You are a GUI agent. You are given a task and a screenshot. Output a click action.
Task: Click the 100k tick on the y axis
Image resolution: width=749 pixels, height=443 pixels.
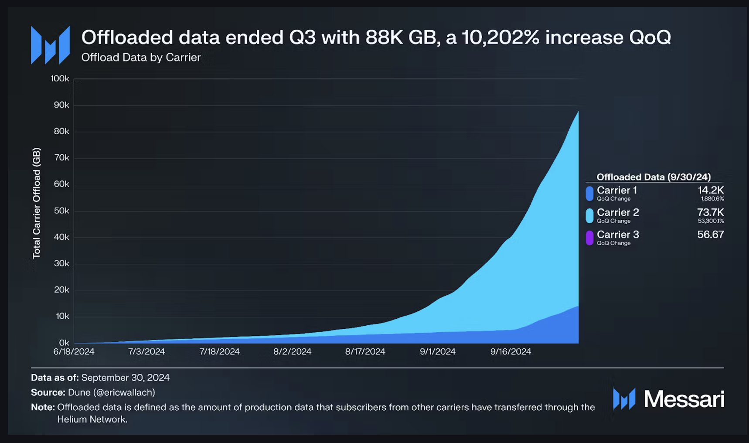pyautogui.click(x=60, y=78)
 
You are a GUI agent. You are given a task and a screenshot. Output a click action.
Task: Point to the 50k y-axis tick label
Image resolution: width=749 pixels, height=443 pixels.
pyautogui.click(x=61, y=211)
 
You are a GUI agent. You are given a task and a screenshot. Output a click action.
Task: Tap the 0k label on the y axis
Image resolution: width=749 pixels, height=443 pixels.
pyautogui.click(x=64, y=343)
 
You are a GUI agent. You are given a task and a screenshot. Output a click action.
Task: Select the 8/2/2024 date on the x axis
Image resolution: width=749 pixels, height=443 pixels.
pyautogui.click(x=292, y=351)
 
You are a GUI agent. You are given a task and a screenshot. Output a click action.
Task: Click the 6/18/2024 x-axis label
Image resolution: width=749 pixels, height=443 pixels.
pyautogui.click(x=74, y=351)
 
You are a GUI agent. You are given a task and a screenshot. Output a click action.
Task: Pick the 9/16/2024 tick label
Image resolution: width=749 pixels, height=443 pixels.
pyautogui.click(x=511, y=351)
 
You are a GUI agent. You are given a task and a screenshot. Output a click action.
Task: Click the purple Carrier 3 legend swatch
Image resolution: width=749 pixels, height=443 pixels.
pyautogui.click(x=589, y=238)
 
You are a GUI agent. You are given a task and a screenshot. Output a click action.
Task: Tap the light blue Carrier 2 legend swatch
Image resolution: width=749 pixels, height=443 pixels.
pyautogui.click(x=589, y=215)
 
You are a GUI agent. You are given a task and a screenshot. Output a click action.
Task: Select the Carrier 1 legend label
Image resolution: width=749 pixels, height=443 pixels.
pyautogui.click(x=616, y=190)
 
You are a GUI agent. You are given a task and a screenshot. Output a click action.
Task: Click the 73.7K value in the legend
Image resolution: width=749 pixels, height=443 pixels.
pyautogui.click(x=710, y=212)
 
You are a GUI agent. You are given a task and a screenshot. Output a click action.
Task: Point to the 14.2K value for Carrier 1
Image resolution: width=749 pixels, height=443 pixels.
pyautogui.click(x=710, y=190)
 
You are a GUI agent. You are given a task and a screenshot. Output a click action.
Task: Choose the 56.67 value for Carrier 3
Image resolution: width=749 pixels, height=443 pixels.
pyautogui.click(x=710, y=235)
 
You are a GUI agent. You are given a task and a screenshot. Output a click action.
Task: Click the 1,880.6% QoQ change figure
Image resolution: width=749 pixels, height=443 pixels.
pyautogui.click(x=712, y=199)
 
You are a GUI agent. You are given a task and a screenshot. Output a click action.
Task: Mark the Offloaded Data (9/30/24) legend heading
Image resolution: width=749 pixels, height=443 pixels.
pyautogui.click(x=653, y=177)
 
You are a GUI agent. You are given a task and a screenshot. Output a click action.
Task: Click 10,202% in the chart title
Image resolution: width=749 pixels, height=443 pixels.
pyautogui.click(x=500, y=37)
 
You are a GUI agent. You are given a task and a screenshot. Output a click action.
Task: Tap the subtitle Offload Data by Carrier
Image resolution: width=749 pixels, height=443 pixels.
pyautogui.click(x=141, y=58)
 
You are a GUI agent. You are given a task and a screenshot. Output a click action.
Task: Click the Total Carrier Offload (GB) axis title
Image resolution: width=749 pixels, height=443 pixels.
pyautogui.click(x=37, y=203)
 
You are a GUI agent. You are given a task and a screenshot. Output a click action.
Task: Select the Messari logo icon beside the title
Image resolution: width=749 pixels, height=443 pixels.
pyautogui.click(x=50, y=45)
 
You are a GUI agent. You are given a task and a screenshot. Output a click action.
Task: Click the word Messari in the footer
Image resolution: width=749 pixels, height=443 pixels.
pyautogui.click(x=684, y=399)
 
